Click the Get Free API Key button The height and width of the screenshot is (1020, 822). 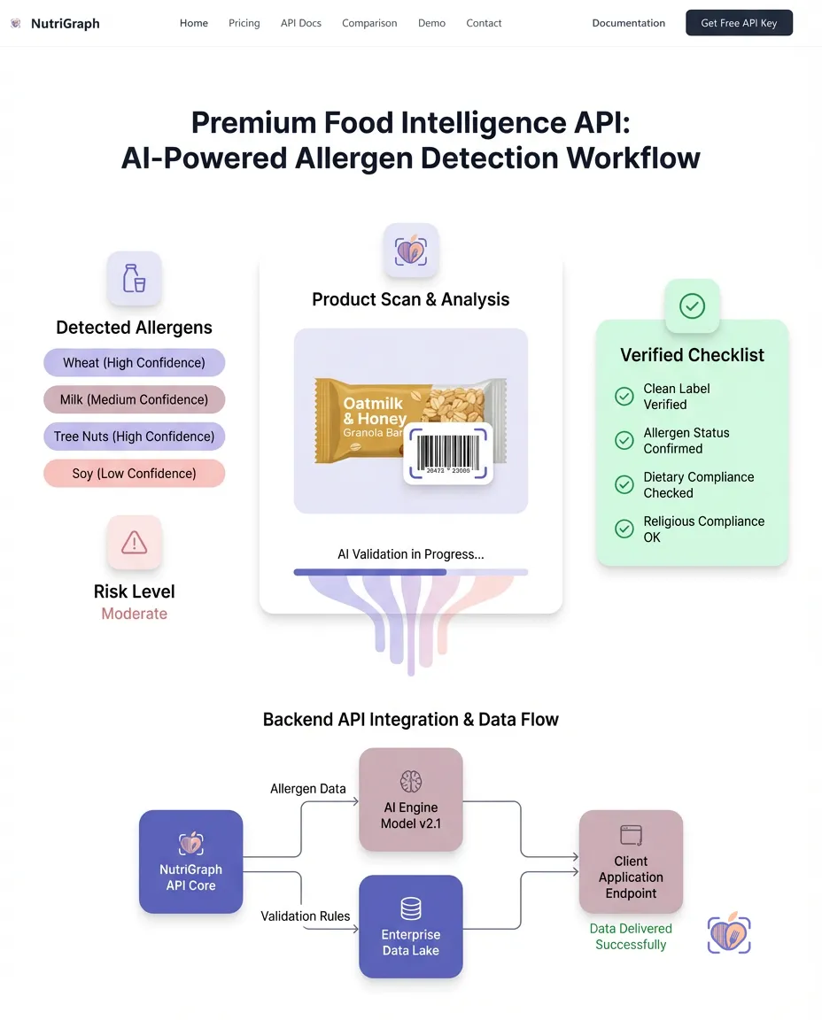[x=739, y=23]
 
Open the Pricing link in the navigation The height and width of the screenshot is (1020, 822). [x=244, y=23]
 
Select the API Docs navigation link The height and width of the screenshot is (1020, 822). [x=301, y=23]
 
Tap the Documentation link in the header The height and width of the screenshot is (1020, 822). [x=628, y=23]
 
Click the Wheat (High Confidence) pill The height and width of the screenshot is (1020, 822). [x=134, y=362]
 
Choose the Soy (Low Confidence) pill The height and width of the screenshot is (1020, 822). [x=134, y=474]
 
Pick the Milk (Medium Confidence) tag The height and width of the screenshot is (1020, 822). [x=134, y=399]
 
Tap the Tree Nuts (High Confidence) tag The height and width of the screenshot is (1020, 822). [x=134, y=437]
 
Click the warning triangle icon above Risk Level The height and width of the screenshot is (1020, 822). [x=134, y=542]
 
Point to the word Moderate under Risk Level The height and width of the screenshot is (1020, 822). [x=134, y=614]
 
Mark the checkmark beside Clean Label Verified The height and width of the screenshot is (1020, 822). [x=624, y=396]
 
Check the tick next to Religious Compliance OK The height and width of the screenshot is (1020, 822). [x=624, y=529]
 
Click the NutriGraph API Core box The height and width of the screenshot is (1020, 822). [x=190, y=862]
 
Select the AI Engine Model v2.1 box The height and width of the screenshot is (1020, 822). [x=410, y=800]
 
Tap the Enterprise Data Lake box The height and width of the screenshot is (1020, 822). [x=410, y=926]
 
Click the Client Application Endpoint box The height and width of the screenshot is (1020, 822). [x=631, y=862]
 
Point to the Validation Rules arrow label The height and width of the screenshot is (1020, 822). [x=305, y=916]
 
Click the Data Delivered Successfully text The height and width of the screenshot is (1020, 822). [x=631, y=937]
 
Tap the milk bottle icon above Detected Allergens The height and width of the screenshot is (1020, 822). [x=134, y=278]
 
